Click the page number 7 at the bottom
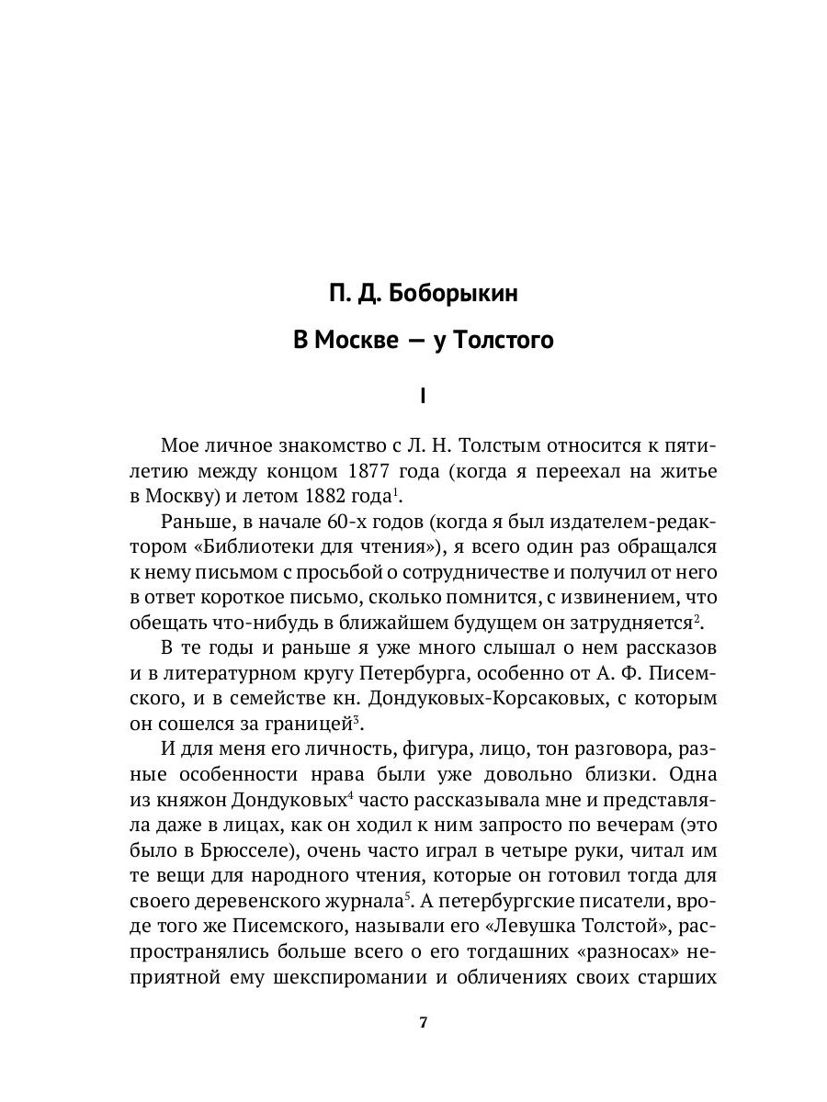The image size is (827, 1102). coord(422,1023)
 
